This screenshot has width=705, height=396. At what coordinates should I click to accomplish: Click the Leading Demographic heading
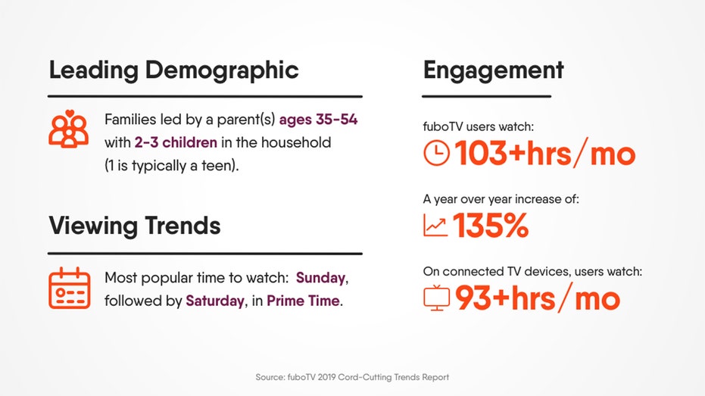tap(173, 71)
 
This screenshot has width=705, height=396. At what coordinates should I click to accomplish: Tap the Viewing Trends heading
tap(135, 225)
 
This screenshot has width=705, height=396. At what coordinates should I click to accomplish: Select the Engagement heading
tap(493, 71)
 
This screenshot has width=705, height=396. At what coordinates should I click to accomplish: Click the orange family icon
tap(68, 129)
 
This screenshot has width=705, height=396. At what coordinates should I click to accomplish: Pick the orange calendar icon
tap(69, 288)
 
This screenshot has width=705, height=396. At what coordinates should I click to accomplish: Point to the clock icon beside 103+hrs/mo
tap(436, 153)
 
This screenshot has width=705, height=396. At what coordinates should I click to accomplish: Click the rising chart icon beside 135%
tap(435, 225)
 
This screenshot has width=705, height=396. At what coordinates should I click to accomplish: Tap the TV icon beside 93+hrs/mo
tap(436, 298)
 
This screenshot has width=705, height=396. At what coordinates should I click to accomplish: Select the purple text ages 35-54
tap(318, 120)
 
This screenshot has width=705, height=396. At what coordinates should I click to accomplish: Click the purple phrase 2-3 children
tap(176, 142)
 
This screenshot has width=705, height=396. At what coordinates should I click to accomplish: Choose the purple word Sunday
tap(320, 278)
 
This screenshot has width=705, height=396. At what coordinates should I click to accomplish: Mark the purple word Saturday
tap(215, 301)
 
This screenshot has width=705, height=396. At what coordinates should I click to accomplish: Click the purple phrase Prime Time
tap(303, 301)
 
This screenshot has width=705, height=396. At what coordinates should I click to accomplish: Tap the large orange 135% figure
tap(491, 225)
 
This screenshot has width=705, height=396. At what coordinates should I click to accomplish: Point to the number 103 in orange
tap(481, 153)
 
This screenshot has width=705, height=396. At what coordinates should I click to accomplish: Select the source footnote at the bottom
tap(352, 377)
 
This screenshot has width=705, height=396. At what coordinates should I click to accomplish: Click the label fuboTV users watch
tap(479, 126)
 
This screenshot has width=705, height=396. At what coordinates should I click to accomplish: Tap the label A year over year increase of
tap(501, 199)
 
